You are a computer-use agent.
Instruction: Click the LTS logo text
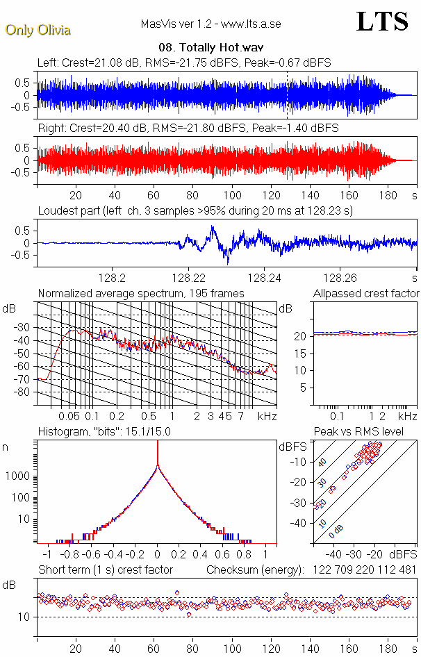[x=382, y=22]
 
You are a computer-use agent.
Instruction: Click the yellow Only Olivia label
[x=38, y=30]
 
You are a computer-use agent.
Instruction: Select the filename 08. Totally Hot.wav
[x=210, y=48]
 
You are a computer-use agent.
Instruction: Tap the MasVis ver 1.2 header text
[x=210, y=24]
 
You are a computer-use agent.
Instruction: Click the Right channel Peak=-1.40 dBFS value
[x=302, y=128]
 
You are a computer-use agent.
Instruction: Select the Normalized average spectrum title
[x=141, y=293]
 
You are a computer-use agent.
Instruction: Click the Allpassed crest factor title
[x=366, y=293]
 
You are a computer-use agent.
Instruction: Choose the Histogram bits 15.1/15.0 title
[x=104, y=431]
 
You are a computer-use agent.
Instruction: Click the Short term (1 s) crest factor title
[x=105, y=570]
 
